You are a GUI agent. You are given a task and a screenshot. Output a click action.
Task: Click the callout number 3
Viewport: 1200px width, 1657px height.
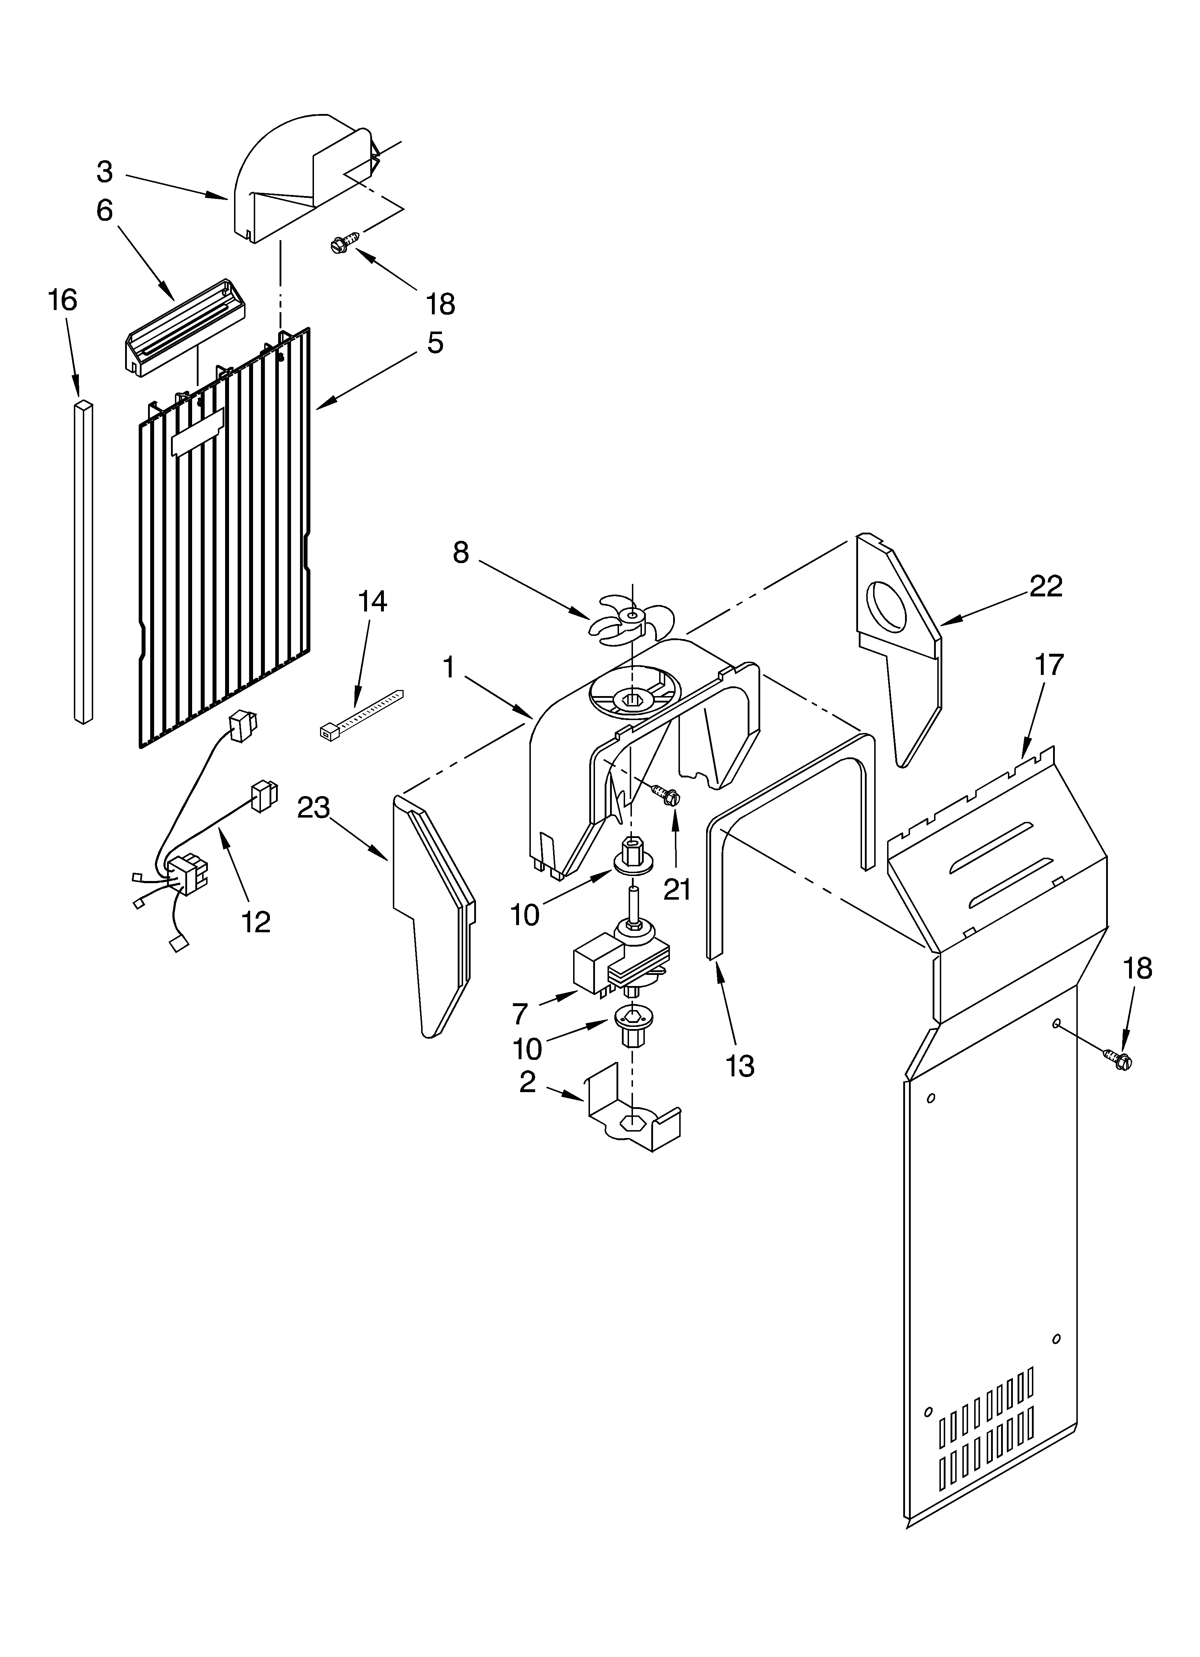pyautogui.click(x=105, y=172)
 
